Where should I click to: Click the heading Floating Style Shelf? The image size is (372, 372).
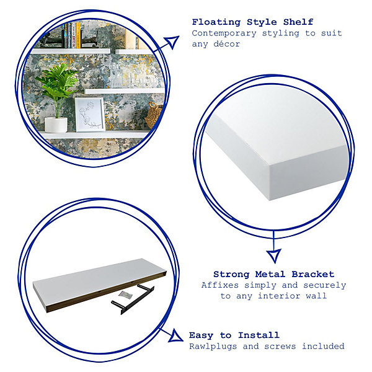(x=253, y=22)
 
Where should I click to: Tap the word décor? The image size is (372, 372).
(x=226, y=43)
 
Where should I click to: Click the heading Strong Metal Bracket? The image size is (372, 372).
(x=274, y=274)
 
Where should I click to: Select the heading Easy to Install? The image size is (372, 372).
(x=234, y=335)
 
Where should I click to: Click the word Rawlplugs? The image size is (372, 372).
(x=213, y=347)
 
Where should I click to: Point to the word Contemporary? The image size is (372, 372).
(x=224, y=33)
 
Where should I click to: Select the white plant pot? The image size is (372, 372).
(x=56, y=125)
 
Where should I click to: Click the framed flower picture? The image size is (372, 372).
(x=90, y=114)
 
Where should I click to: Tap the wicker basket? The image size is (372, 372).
(x=154, y=115)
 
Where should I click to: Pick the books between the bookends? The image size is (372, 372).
(x=72, y=35)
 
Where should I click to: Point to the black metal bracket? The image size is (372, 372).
(x=133, y=299)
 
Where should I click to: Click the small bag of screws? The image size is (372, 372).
(x=125, y=295)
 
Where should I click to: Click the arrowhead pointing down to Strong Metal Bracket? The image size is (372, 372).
(x=274, y=255)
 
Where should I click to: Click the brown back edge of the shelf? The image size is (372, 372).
(x=107, y=291)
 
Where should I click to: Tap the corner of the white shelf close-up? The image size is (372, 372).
(x=270, y=164)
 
